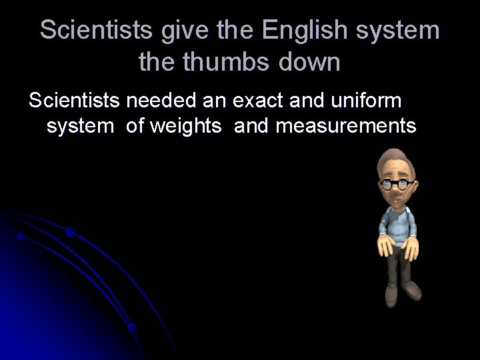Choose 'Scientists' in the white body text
pos(73,101)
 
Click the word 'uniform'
pos(365,101)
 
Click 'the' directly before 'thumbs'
pos(157,63)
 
